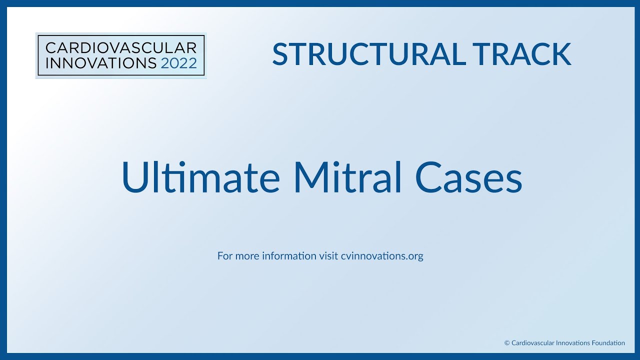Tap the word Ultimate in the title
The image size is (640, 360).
pos(200,178)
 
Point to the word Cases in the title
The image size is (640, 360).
pos(468,178)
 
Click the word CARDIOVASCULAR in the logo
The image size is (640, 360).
pos(120,48)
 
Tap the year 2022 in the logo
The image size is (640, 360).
pos(179,63)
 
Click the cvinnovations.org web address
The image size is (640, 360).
pos(382,256)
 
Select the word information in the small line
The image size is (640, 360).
pos(289,256)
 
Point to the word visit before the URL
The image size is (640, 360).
pos(328,256)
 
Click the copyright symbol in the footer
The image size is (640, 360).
pos(507,343)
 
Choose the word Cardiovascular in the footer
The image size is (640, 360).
pos(530,343)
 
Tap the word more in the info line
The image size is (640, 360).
pos(246,256)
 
